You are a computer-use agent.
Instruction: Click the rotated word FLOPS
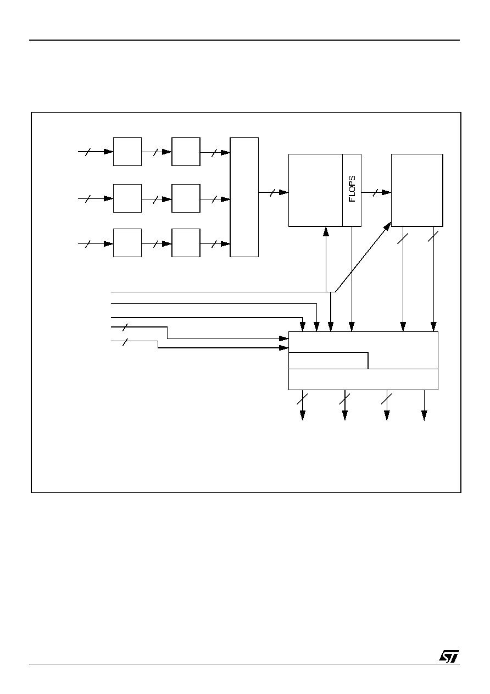(x=352, y=189)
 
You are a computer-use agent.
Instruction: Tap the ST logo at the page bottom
(x=449, y=656)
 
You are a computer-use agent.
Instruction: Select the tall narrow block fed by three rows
(x=244, y=197)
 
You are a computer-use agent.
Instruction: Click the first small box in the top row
(x=127, y=152)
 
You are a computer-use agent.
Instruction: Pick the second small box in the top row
(x=186, y=152)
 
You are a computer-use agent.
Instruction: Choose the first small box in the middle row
(x=127, y=198)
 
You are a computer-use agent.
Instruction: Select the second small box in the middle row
(x=186, y=198)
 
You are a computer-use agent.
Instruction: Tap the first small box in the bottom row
(x=127, y=243)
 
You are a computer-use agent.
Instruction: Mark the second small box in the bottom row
(x=186, y=243)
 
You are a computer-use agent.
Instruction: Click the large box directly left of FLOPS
(x=315, y=190)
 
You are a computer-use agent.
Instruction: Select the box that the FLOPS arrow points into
(x=417, y=190)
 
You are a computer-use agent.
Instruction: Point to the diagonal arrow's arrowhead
(x=387, y=226)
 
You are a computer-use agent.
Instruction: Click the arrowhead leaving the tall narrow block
(x=283, y=192)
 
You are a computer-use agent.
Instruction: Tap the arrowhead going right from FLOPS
(x=387, y=192)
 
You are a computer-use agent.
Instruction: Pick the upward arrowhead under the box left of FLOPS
(x=326, y=231)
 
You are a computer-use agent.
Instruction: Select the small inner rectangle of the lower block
(x=328, y=360)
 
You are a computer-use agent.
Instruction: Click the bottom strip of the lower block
(x=363, y=380)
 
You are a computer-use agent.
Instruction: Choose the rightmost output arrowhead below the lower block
(x=424, y=415)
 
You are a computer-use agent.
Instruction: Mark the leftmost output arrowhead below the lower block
(x=303, y=415)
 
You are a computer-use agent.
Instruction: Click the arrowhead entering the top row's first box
(x=108, y=152)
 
